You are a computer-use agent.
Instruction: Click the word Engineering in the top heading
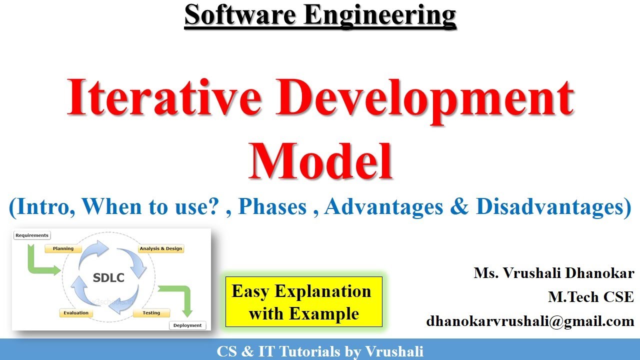(x=378, y=15)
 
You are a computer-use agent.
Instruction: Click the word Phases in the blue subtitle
(x=272, y=207)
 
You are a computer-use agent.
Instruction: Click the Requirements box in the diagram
(x=32, y=235)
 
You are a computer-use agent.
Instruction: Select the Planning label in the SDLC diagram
(x=63, y=248)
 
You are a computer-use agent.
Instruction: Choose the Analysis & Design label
(x=161, y=248)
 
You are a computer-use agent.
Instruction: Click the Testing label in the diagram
(x=151, y=313)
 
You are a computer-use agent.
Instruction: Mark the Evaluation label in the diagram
(x=76, y=313)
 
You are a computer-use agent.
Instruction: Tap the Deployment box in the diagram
(x=187, y=325)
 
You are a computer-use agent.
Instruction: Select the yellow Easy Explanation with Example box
(x=303, y=301)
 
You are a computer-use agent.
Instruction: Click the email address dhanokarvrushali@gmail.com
(x=530, y=321)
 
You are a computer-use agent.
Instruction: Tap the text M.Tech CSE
(x=590, y=297)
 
